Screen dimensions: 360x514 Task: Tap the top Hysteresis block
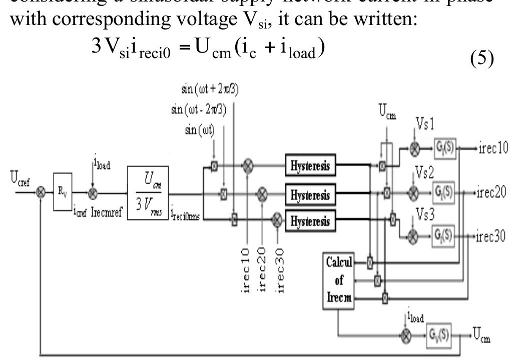tap(311, 166)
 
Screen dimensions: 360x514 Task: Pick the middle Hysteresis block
tap(311, 193)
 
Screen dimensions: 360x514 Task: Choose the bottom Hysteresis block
tap(311, 220)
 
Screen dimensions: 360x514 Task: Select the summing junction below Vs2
tap(413, 194)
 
